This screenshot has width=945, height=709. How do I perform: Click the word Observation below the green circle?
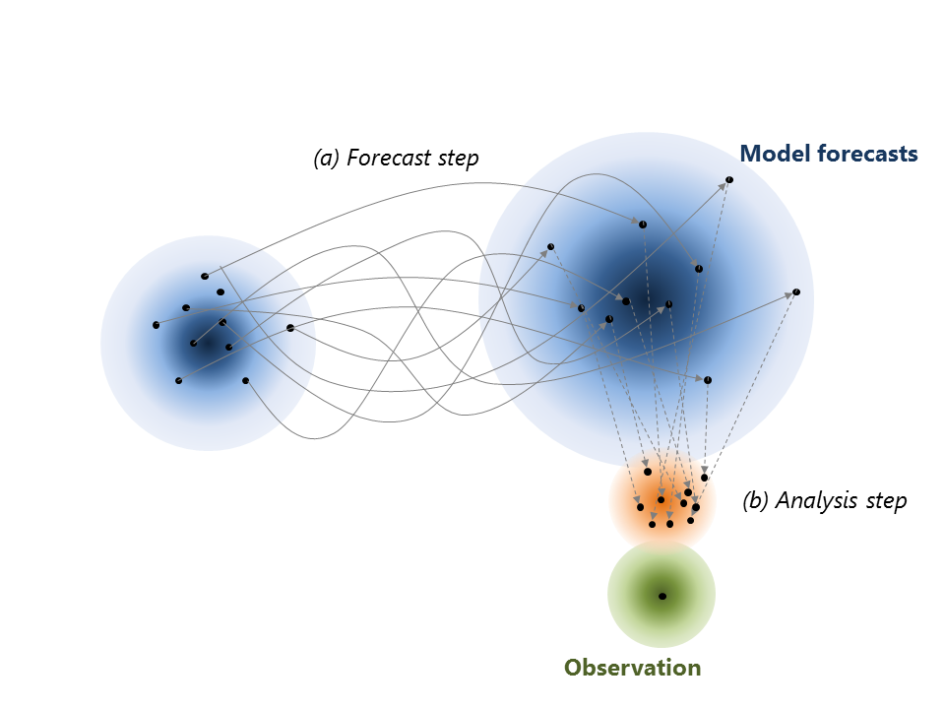pos(632,668)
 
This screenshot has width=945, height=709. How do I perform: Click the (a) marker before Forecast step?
pos(327,158)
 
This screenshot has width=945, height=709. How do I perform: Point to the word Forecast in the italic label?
pos(390,158)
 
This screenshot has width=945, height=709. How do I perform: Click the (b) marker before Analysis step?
pos(756,500)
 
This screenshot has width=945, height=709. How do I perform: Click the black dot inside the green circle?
pos(662,597)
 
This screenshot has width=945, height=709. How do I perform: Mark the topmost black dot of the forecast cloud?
pos(729,179)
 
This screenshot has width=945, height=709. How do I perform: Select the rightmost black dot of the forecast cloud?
pos(796,292)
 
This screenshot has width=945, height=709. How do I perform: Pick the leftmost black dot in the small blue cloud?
pos(157,325)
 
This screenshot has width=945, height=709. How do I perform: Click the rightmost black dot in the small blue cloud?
pos(290,328)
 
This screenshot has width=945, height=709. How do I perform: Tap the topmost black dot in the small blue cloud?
pos(205,276)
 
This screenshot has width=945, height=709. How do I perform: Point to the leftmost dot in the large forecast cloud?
pos(550,246)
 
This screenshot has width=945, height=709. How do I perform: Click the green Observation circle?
pos(661,595)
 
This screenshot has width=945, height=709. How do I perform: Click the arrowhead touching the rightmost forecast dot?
pos(788,295)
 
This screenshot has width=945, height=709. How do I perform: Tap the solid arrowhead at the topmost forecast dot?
pos(722,186)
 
